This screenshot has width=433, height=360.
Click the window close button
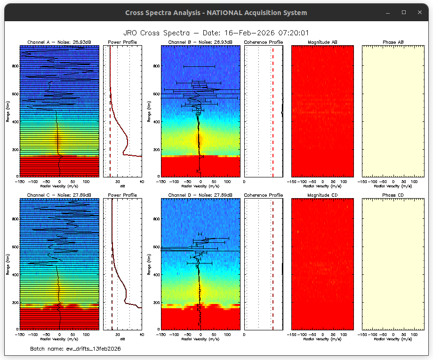pyautogui.click(x=419, y=12)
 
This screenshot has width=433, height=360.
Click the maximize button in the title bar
pyautogui.click(x=404, y=12)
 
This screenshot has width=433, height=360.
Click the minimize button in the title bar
pyautogui.click(x=388, y=12)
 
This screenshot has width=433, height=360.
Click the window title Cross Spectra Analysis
pyautogui.click(x=216, y=13)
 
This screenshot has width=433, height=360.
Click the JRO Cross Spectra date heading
pyautogui.click(x=216, y=33)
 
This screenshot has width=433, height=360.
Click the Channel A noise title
pyautogui.click(x=59, y=42)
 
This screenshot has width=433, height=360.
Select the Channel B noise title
pyautogui.click(x=200, y=42)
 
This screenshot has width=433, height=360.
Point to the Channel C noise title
pyautogui.click(x=59, y=195)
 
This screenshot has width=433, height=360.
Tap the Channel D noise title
pyautogui.click(x=200, y=195)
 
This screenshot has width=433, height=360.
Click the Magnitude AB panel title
pyautogui.click(x=322, y=42)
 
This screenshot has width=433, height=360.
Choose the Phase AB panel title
pyautogui.click(x=393, y=42)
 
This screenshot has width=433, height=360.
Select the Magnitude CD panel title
pyautogui.click(x=322, y=195)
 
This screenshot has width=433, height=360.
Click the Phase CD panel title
pyautogui.click(x=393, y=195)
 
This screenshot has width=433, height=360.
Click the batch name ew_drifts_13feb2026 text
pyautogui.click(x=75, y=349)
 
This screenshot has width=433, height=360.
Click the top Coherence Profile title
pyautogui.click(x=264, y=42)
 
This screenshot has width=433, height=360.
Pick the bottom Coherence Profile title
pyautogui.click(x=264, y=195)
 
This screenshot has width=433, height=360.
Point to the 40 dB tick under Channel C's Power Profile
pyautogui.click(x=141, y=334)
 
